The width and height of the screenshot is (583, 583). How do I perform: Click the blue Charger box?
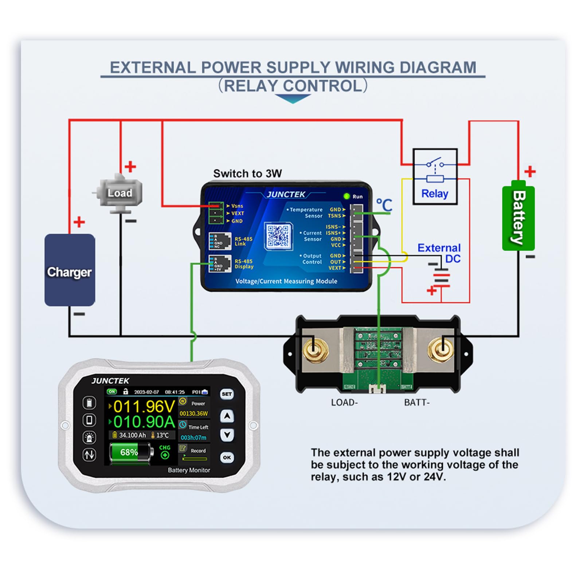(70, 270)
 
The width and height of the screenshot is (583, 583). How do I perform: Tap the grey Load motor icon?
(118, 193)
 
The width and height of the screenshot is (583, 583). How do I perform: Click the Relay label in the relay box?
(434, 193)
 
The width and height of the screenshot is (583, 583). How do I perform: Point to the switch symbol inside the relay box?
(434, 164)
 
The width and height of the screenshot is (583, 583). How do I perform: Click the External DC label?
(439, 253)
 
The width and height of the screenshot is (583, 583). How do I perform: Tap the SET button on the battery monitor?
(227, 394)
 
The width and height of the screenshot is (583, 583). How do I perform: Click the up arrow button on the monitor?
(227, 416)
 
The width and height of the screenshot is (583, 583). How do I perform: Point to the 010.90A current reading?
(144, 422)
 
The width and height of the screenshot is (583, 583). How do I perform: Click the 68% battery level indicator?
(129, 452)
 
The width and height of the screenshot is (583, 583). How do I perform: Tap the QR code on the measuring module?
(278, 236)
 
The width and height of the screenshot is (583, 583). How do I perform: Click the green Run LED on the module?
(347, 196)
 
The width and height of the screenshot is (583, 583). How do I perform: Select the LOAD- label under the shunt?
(344, 403)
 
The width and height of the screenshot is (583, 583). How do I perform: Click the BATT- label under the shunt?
(417, 403)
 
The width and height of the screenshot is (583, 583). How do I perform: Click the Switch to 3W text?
(247, 173)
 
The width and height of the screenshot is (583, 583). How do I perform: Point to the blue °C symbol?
(384, 205)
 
